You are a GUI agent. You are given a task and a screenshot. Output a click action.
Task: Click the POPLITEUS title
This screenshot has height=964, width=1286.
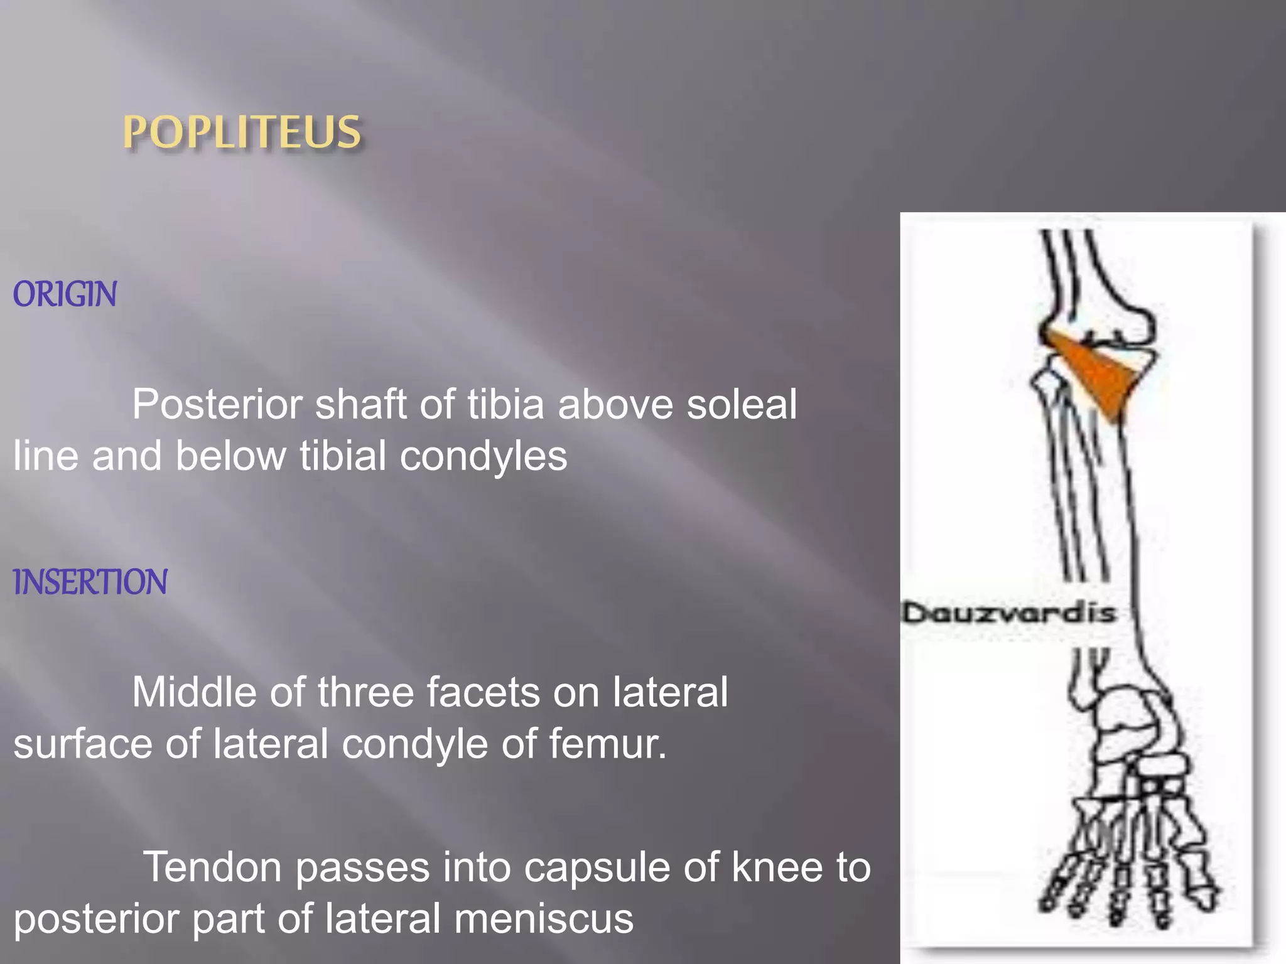pos(242,132)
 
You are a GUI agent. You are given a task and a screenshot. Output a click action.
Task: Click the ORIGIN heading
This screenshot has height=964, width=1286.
pos(65,294)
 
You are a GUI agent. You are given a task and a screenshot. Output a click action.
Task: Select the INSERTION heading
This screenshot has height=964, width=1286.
pos(90,582)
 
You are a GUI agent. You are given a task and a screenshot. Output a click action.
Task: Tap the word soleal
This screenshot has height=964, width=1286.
pos(742,404)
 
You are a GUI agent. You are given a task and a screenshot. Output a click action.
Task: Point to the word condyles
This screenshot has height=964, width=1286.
pos(484,456)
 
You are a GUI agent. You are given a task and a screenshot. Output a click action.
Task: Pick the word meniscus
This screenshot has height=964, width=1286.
pos(544,919)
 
